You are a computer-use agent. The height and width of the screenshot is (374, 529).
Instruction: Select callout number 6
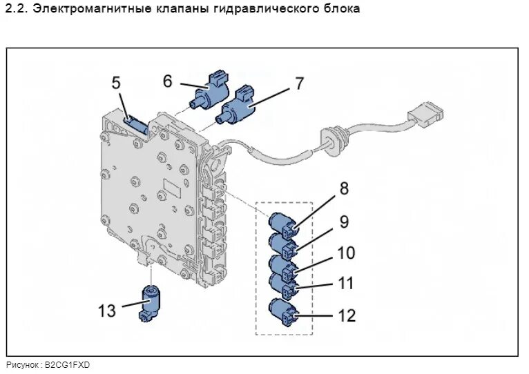pos(167,80)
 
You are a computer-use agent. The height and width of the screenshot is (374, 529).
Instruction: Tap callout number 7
pos(299,84)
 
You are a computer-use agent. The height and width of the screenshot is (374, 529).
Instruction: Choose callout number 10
pos(346,253)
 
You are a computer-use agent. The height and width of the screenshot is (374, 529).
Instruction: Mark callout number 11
pos(345,283)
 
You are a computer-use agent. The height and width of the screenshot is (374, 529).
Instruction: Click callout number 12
pos(346,315)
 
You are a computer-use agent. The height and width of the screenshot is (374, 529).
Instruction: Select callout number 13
pos(107,311)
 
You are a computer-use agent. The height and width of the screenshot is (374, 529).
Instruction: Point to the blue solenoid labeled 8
pos(283,224)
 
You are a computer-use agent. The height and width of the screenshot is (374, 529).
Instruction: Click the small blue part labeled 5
pos(136,124)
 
